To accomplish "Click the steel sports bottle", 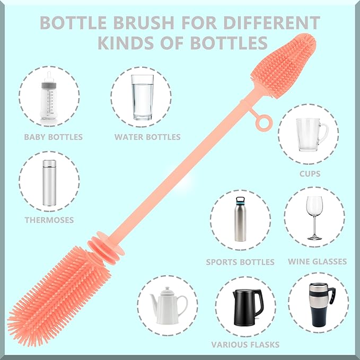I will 241,219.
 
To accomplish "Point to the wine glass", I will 315,217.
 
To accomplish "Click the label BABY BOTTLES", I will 53,137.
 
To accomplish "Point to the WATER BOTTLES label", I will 147,137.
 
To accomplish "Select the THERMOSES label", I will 49,219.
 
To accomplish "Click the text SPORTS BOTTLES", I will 240,262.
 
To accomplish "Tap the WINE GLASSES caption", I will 317,261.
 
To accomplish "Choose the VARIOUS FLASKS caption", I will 245,345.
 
